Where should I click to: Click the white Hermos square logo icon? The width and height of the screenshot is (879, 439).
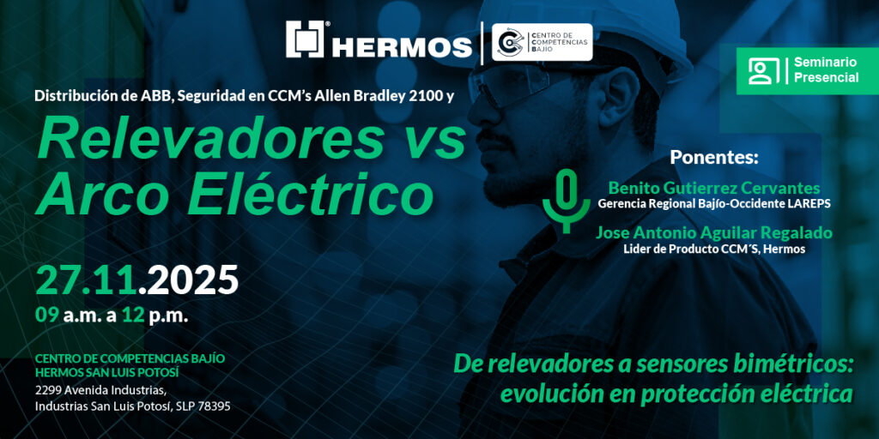click(305, 39)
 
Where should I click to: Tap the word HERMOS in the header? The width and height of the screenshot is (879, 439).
click(402, 48)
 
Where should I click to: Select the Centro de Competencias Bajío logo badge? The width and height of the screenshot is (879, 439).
click(542, 42)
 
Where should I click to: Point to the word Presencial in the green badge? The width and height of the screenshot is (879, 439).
click(826, 78)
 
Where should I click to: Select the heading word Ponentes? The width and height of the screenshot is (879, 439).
click(713, 158)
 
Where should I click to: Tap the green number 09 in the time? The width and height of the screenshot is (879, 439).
click(46, 316)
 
